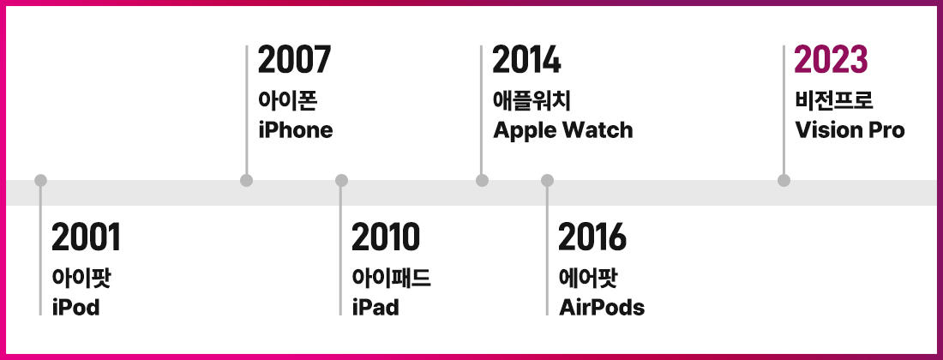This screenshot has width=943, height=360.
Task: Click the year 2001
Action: [x=86, y=237]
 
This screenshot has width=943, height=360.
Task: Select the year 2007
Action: [x=295, y=60]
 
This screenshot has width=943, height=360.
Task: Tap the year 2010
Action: [x=386, y=237]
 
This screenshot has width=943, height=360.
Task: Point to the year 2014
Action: [x=526, y=60]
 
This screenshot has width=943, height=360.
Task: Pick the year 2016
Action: [x=592, y=237]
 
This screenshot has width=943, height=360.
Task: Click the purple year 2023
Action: [x=832, y=60]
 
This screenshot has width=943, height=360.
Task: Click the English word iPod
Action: [x=75, y=307]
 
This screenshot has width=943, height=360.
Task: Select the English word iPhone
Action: [x=295, y=129]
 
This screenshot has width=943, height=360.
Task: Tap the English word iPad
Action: [x=375, y=307]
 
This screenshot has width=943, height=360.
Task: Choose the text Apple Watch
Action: [x=563, y=130]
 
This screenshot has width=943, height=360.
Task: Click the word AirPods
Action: [x=602, y=307]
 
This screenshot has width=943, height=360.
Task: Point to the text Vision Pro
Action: [x=850, y=129]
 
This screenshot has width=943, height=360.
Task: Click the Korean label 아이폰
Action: [x=287, y=100]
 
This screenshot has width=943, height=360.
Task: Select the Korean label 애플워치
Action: [x=531, y=100]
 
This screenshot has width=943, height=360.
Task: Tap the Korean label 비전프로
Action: [x=833, y=100]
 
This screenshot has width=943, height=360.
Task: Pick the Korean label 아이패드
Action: [x=391, y=278]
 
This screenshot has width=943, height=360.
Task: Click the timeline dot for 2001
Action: [x=40, y=180]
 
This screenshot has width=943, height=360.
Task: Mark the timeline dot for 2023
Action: [x=784, y=180]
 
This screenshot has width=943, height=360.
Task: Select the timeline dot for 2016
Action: [x=547, y=180]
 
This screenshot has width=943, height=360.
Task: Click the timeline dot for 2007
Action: [x=246, y=180]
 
